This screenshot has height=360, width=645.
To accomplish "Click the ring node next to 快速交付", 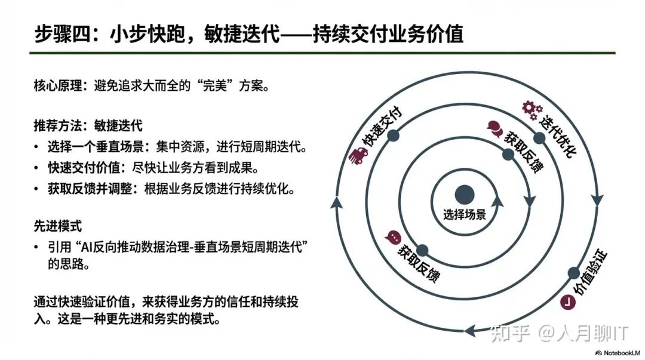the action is tap(393, 136).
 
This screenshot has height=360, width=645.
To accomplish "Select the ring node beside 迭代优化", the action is tap(539, 139).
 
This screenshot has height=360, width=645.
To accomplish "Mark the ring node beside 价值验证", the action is tap(573, 272).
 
